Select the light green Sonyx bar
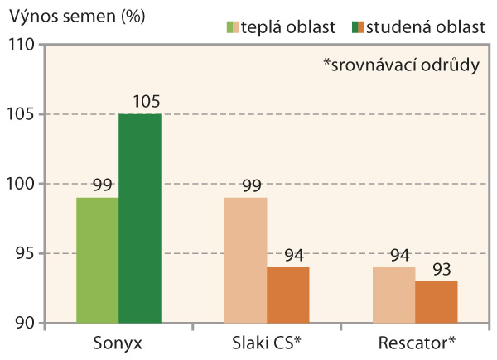pyautogui.click(x=97, y=260)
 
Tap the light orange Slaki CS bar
pyautogui.click(x=245, y=260)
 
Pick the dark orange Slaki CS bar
pyautogui.click(x=288, y=295)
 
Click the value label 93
pyautogui.click(x=436, y=271)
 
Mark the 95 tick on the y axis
pyautogui.click(x=24, y=253)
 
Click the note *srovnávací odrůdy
pyautogui.click(x=402, y=65)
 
